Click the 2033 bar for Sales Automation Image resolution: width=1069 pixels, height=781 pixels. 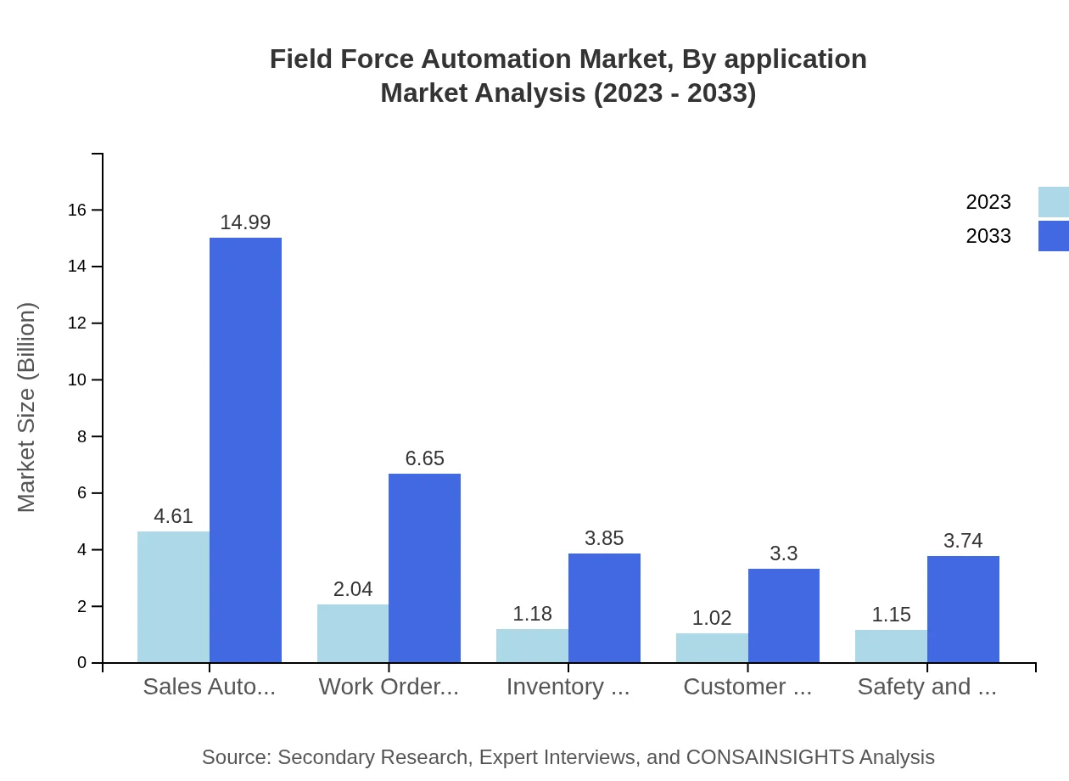click(245, 450)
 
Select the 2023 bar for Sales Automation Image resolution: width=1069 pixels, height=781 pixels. click(173, 597)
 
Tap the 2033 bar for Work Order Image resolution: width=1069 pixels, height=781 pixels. click(424, 568)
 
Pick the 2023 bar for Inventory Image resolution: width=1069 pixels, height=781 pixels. click(532, 645)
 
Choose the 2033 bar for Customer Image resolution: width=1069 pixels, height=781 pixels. click(784, 615)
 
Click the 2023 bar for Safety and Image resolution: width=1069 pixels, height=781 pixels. click(891, 646)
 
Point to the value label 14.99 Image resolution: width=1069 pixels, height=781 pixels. click(245, 222)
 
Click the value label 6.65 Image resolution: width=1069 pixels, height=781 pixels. click(424, 458)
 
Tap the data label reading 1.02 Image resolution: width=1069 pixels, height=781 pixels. click(712, 618)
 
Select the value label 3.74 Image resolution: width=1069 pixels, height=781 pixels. click(963, 541)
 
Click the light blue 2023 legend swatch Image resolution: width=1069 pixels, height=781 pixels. click(1053, 202)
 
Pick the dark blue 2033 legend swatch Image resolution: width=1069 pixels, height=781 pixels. click(1053, 236)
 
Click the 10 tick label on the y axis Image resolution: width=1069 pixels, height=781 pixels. click(77, 379)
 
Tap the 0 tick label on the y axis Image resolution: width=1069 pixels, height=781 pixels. click(81, 663)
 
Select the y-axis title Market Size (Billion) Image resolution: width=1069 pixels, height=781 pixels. click(27, 407)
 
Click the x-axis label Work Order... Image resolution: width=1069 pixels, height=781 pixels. click(389, 687)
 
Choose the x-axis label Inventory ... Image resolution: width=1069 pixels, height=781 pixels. click(568, 687)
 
